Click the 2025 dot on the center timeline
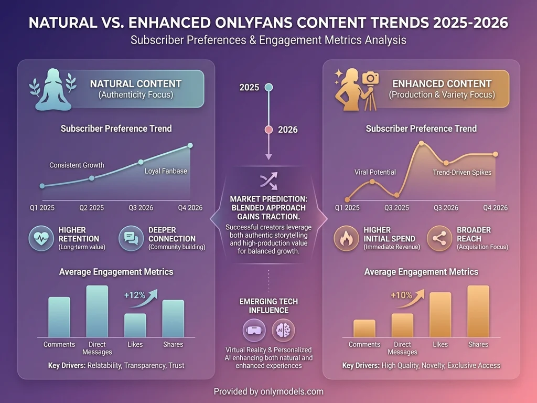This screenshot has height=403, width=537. pyautogui.click(x=268, y=87)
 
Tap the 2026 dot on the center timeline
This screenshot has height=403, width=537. pyautogui.click(x=268, y=129)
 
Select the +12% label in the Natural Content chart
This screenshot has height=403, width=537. pyautogui.click(x=134, y=295)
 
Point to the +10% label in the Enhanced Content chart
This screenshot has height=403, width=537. pyautogui.click(x=401, y=295)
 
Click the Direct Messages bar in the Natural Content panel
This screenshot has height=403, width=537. pyautogui.click(x=97, y=311)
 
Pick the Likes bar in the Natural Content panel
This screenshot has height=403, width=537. pyautogui.click(x=135, y=325)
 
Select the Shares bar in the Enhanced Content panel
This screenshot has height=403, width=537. pyautogui.click(x=478, y=311)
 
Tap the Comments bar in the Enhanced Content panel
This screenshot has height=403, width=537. pyautogui.click(x=364, y=328)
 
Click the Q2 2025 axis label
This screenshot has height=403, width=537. pyautogui.click(x=92, y=208)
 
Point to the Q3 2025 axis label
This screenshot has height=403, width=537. pyautogui.click(x=397, y=208)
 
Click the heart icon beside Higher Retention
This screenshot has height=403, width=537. pyautogui.click(x=41, y=238)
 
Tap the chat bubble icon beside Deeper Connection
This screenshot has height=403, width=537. pyautogui.click(x=131, y=238)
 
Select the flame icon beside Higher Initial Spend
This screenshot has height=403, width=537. pyautogui.click(x=346, y=238)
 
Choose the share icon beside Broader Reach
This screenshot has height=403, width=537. pyautogui.click(x=439, y=238)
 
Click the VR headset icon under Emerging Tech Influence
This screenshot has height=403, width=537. pyautogui.click(x=254, y=330)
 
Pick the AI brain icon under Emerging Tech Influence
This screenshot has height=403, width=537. pyautogui.click(x=283, y=330)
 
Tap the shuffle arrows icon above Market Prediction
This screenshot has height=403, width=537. pyautogui.click(x=268, y=181)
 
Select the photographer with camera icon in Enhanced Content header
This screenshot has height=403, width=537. pyautogui.click(x=359, y=90)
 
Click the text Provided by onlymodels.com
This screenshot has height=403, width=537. pyautogui.click(x=268, y=391)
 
